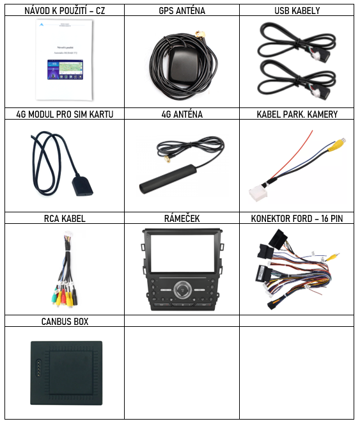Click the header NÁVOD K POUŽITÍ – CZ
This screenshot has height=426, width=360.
(x=65, y=11)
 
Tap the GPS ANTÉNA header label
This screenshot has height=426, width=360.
(x=182, y=11)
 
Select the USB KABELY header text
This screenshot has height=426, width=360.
(x=297, y=11)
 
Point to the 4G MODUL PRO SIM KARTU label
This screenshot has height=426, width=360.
(x=65, y=114)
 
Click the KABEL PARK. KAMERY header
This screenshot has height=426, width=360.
(x=297, y=114)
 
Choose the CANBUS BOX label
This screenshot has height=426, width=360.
(x=65, y=322)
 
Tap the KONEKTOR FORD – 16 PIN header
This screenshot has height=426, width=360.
(x=297, y=219)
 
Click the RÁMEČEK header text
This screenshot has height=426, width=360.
(x=182, y=218)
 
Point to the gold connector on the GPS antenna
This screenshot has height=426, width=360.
(x=200, y=35)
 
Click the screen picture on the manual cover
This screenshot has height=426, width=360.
(x=65, y=70)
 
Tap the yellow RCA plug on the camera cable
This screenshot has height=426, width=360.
(x=336, y=145)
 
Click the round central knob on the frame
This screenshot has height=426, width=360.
(x=182, y=290)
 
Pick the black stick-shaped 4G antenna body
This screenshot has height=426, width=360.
(x=168, y=178)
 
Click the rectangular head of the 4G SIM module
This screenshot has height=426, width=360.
(x=82, y=186)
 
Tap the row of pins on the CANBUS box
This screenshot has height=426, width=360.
(x=39, y=368)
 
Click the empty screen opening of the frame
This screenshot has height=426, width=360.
(x=182, y=253)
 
